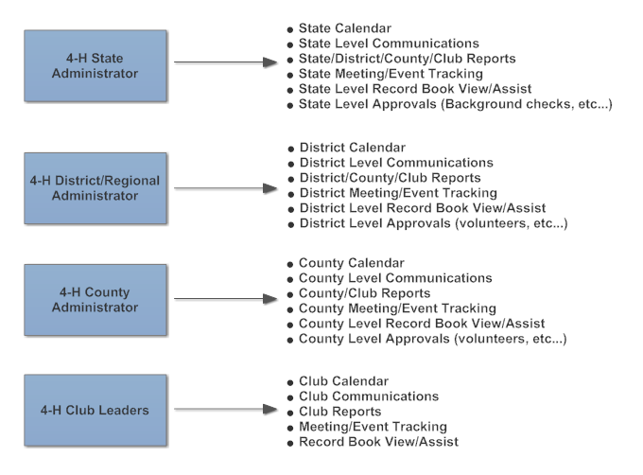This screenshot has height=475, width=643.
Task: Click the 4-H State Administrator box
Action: pyautogui.click(x=96, y=65)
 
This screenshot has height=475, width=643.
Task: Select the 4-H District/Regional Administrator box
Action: pyautogui.click(x=96, y=188)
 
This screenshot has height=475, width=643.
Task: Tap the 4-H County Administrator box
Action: pyautogui.click(x=96, y=300)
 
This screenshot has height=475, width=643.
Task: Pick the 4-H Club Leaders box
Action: pyautogui.click(x=96, y=411)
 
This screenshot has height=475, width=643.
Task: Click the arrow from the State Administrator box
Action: pyautogui.click(x=226, y=62)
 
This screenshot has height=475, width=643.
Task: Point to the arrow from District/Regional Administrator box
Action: pyautogui.click(x=226, y=188)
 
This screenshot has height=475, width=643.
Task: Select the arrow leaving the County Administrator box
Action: pyautogui.click(x=226, y=299)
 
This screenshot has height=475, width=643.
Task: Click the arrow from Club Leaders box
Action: pyautogui.click(x=226, y=409)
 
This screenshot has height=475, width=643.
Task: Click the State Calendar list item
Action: pyautogui.click(x=345, y=28)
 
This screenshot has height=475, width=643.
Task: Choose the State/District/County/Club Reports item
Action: pyautogui.click(x=408, y=59)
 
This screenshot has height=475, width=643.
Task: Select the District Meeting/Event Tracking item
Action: pyautogui.click(x=398, y=193)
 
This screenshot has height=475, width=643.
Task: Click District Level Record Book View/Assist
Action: pyautogui.click(x=423, y=208)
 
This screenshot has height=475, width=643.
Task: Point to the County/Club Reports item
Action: pyautogui.click(x=365, y=293)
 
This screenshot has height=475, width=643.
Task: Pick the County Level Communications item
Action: pyautogui.click(x=395, y=278)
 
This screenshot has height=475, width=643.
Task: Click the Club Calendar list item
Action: pyautogui.click(x=343, y=381)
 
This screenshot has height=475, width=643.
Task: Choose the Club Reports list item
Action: pyautogui.click(x=340, y=412)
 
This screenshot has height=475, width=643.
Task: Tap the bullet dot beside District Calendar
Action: pyautogui.click(x=291, y=149)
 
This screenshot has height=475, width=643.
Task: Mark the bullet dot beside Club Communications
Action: pyautogui.click(x=290, y=398)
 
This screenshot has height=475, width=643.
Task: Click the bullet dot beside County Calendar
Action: pyautogui.click(x=290, y=265)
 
